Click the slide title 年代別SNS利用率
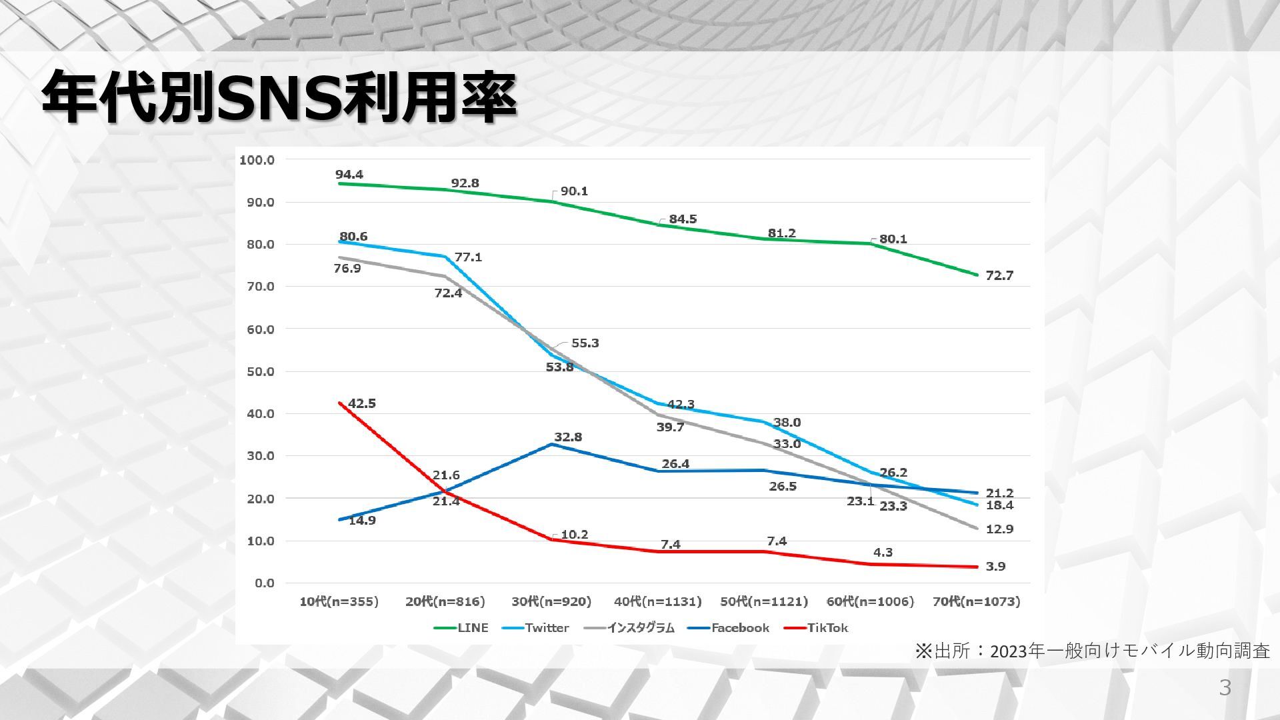click(279, 98)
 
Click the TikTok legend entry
click(827, 628)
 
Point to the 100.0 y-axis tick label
click(257, 160)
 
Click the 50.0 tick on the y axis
click(260, 371)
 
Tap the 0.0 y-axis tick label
click(263, 583)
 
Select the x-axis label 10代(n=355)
click(339, 602)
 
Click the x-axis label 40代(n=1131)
click(657, 602)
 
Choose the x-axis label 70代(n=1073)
click(976, 602)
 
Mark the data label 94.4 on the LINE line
click(349, 175)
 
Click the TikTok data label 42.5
click(362, 403)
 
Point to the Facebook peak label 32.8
click(568, 437)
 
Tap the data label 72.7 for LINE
click(999, 276)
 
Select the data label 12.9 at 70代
click(999, 529)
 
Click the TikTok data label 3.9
click(995, 567)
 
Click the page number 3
click(1225, 687)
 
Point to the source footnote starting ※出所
click(1093, 651)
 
